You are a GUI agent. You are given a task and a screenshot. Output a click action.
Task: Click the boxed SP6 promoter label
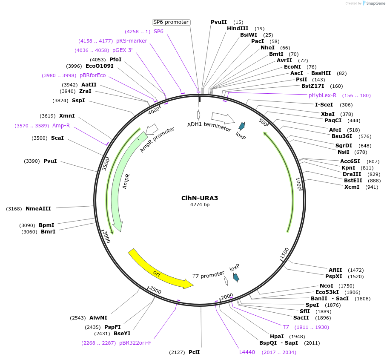(171, 22)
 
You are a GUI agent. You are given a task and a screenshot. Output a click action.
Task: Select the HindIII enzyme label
(238, 29)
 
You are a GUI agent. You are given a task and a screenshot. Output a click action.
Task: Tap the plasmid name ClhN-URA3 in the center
(200, 198)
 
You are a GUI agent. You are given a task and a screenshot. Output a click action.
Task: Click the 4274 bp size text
(200, 205)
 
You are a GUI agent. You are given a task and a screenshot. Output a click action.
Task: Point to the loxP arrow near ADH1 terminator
(242, 126)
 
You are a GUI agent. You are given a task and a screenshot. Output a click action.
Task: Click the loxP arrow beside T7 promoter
(236, 277)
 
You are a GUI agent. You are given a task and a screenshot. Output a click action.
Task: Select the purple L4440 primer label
(247, 352)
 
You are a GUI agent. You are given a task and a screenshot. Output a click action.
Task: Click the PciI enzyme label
(194, 352)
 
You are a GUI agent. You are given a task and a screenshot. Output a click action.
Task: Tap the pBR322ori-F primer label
(135, 343)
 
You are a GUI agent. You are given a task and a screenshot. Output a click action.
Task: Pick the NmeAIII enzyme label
(38, 209)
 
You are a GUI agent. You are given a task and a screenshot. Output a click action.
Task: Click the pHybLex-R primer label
(322, 95)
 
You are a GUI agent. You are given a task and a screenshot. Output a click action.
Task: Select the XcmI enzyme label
(352, 187)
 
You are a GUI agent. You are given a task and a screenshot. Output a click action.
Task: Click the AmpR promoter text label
(157, 140)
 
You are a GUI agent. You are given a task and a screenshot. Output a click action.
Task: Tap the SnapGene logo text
(375, 3)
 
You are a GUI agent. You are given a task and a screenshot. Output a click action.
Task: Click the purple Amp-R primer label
(61, 126)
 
